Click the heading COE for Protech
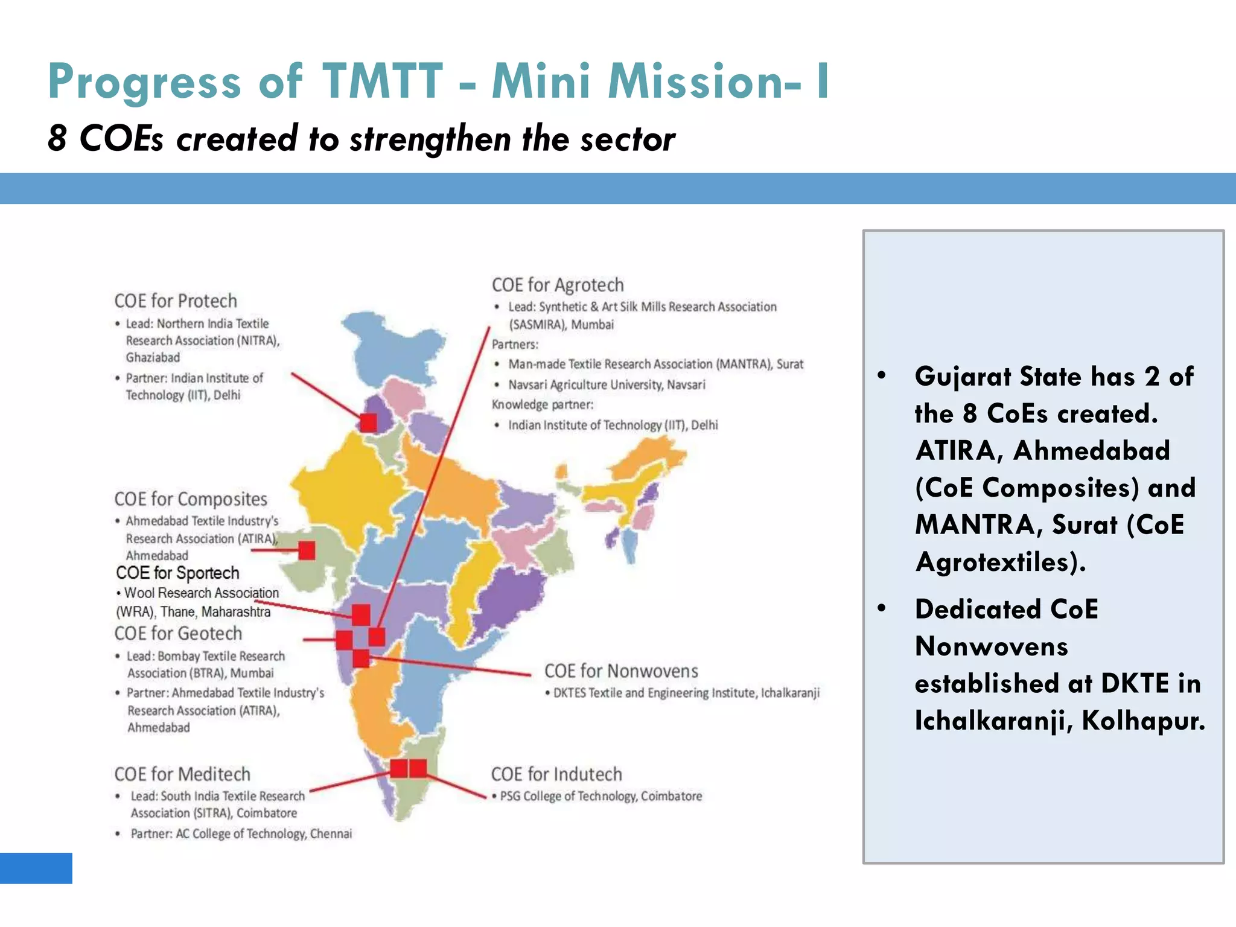tap(176, 301)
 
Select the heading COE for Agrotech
tap(558, 285)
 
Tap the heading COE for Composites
tap(191, 499)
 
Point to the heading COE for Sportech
tap(177, 573)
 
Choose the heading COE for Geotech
tap(178, 634)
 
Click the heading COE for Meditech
tap(182, 774)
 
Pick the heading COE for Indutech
tap(556, 774)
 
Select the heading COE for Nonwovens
tap(621, 671)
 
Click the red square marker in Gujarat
tap(307, 550)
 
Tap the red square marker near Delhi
tap(368, 422)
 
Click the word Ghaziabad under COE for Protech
tap(153, 357)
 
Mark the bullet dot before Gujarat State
tap(882, 375)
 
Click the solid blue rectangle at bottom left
tap(36, 868)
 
